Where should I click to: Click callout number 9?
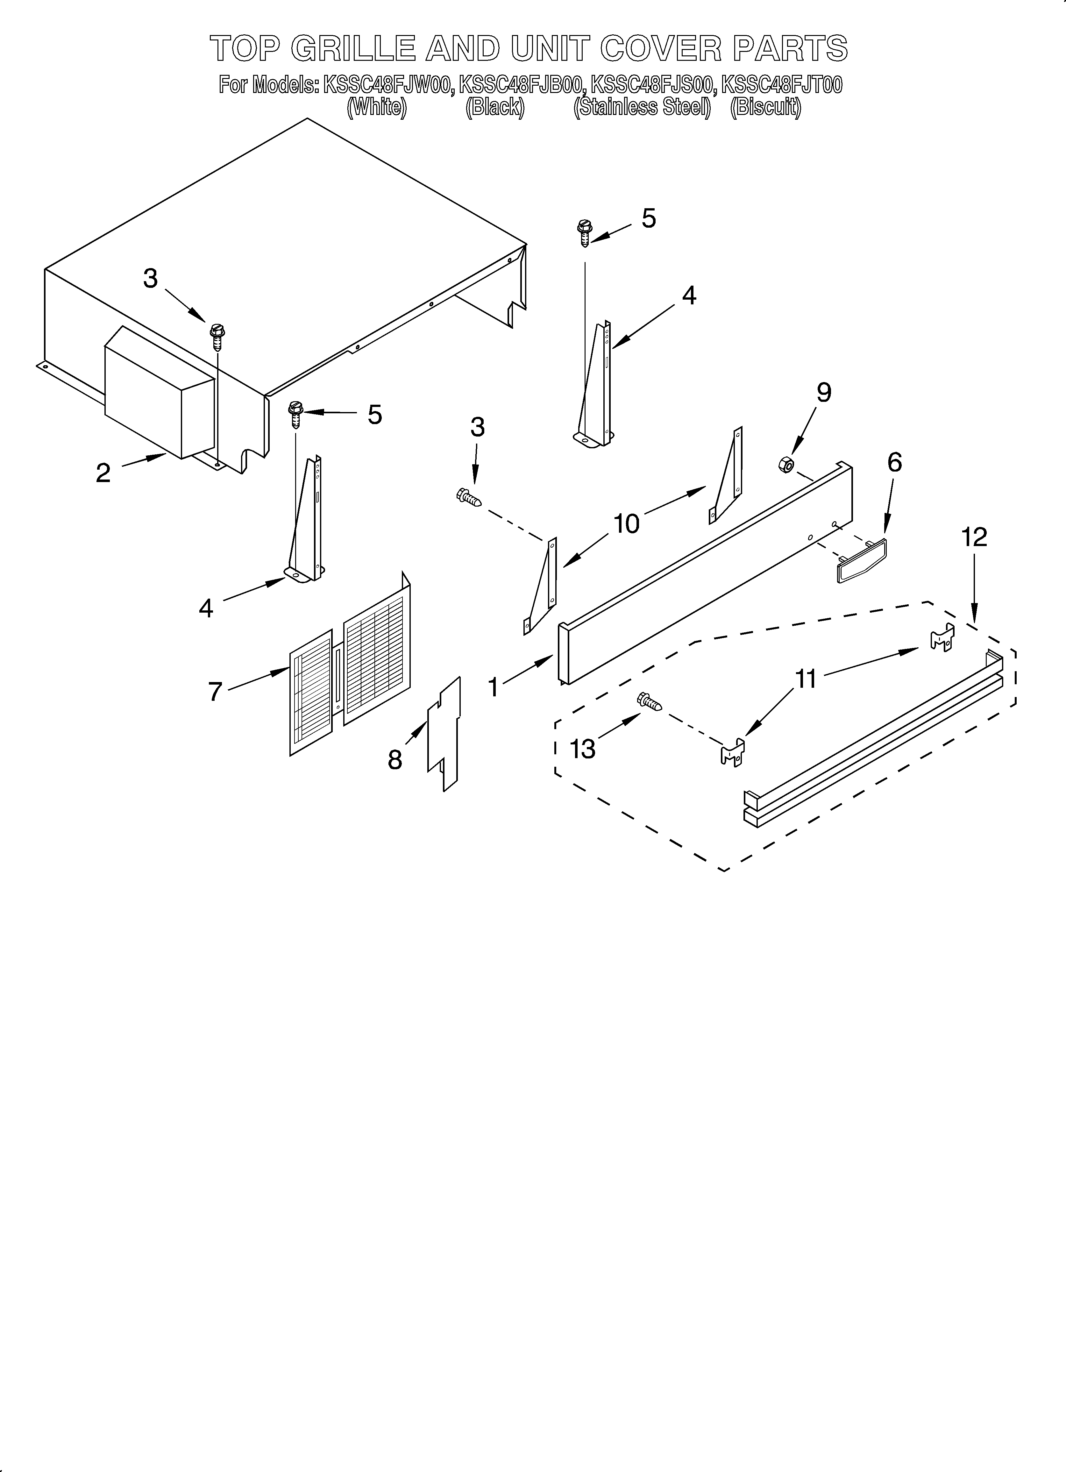823,393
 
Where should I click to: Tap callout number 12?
975,537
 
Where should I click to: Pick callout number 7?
216,692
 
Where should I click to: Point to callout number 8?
395,759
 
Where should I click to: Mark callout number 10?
627,523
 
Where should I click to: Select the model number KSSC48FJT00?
782,85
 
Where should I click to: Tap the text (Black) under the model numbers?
495,107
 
